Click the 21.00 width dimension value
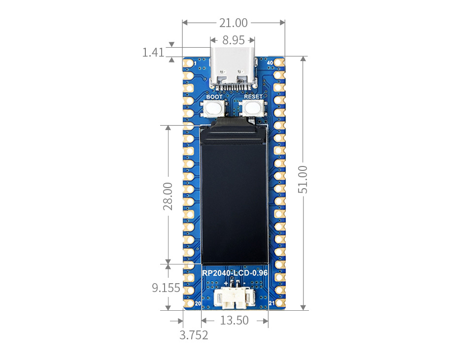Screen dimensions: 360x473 click(234, 23)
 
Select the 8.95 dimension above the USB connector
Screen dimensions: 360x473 click(233, 40)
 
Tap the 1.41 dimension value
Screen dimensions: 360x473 click(153, 52)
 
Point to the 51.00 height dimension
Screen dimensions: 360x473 click(302, 179)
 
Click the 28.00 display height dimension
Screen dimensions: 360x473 click(168, 196)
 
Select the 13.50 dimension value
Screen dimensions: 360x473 click(234, 321)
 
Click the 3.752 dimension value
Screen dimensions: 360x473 click(194, 335)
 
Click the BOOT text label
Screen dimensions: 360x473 click(214, 97)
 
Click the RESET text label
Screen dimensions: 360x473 click(253, 97)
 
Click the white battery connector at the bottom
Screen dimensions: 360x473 click(234, 297)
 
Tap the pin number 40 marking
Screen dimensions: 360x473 click(270, 63)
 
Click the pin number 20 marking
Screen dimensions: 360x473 click(198, 303)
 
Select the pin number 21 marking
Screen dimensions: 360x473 click(271, 303)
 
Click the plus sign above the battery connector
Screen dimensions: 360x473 click(227, 284)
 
